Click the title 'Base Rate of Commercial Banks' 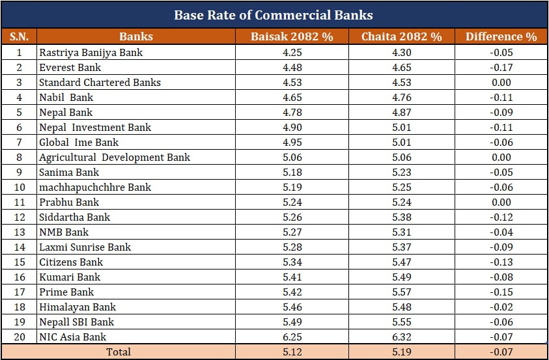pos(274,15)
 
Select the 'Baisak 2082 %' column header pos(292,36)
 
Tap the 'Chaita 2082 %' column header pos(401,36)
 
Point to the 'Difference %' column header pos(501,36)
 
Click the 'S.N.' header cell pos(19,36)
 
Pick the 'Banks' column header pos(136,36)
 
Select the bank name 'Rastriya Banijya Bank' pos(91,52)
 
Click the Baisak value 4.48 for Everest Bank pos(292,67)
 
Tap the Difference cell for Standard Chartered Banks pos(501,82)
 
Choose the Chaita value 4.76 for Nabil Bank pos(401,97)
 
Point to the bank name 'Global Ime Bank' pos(79,142)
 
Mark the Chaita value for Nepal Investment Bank pos(401,127)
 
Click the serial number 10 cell pos(19,187)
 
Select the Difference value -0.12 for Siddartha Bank pos(501,217)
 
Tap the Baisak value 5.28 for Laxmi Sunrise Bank pos(292,247)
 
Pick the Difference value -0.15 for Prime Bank pos(501,292)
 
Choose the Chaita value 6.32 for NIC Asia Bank pos(401,337)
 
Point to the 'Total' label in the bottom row pos(119,352)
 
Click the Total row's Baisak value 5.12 pos(292,352)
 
